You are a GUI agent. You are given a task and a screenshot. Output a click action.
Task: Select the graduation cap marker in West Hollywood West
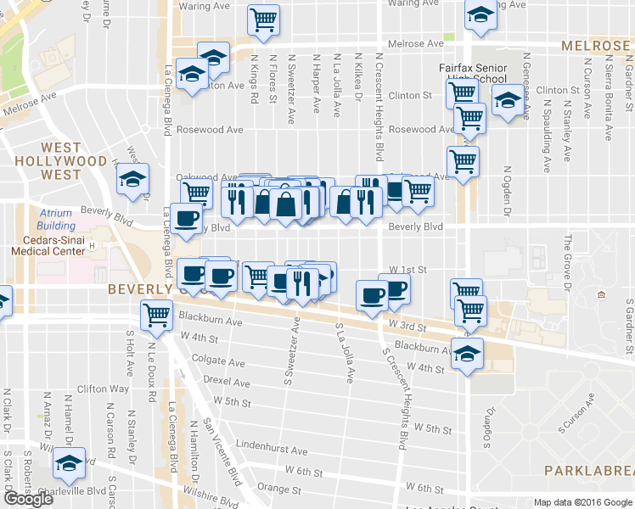tap(132, 178)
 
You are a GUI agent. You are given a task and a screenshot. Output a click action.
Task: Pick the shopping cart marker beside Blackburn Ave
tap(157, 315)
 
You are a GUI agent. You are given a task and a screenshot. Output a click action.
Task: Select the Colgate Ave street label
tap(219, 360)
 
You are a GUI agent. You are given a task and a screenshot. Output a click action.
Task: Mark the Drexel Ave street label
tap(225, 382)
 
